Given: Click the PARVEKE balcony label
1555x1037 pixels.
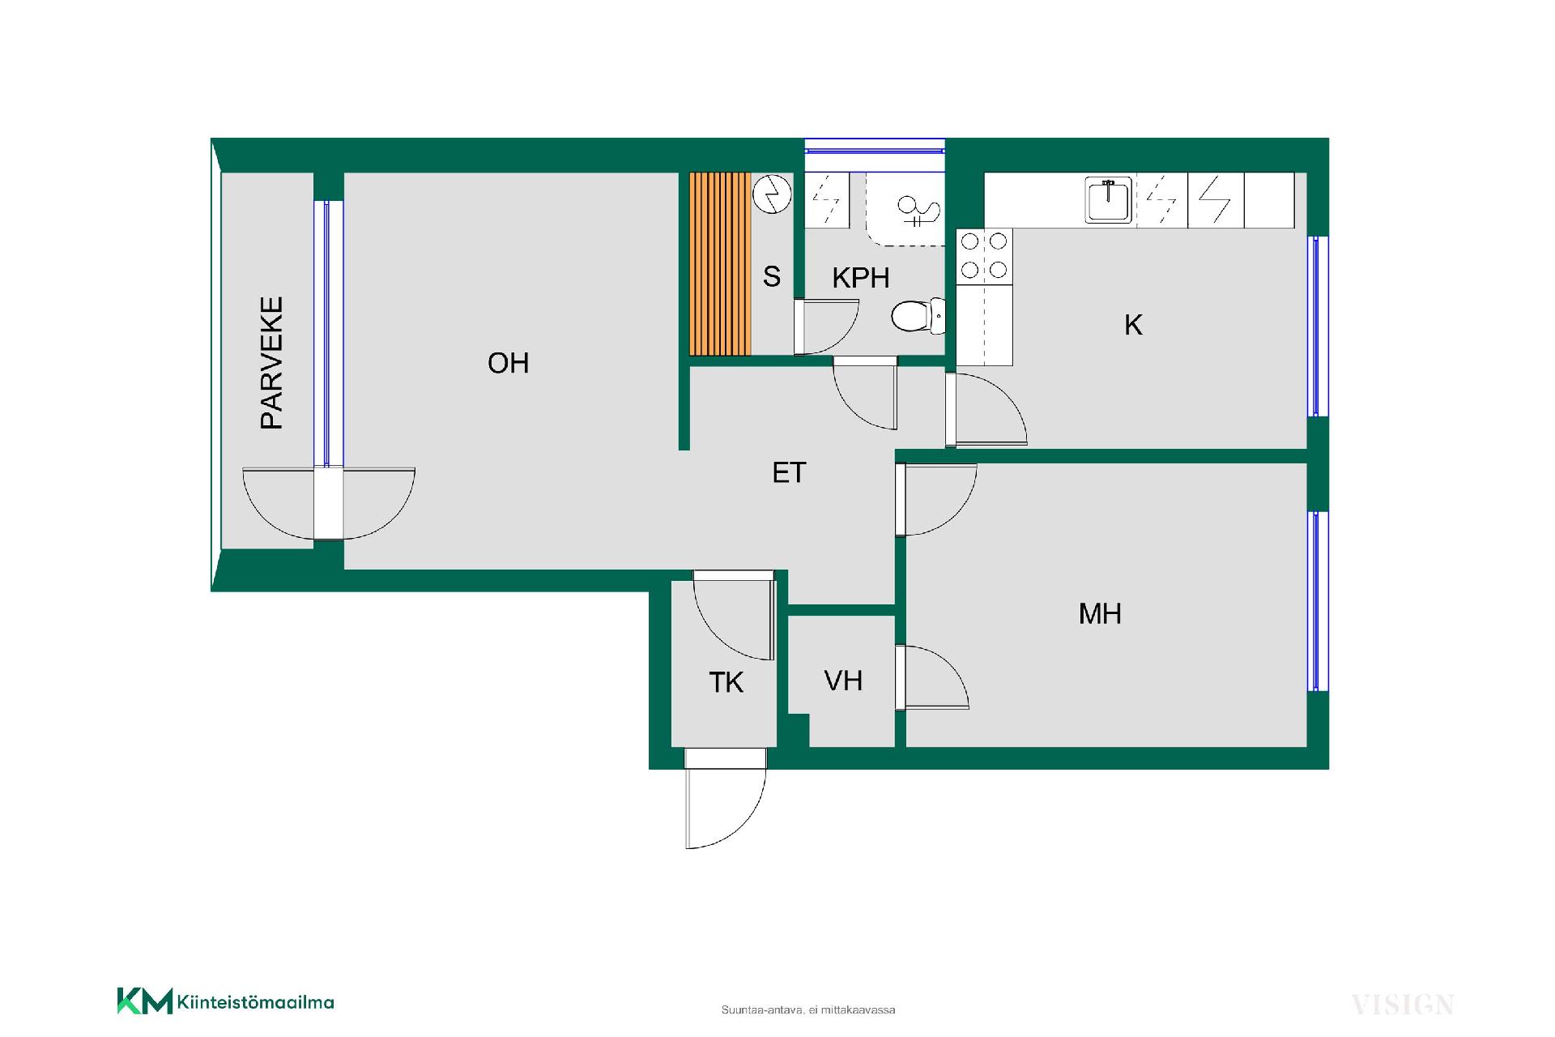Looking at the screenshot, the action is tap(271, 363).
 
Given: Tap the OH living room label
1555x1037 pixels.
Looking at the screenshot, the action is tap(509, 363).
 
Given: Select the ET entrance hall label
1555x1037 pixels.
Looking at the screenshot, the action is tap(789, 472).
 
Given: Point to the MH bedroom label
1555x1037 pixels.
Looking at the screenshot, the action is tap(1100, 613).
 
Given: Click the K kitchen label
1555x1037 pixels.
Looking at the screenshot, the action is tap(1133, 325).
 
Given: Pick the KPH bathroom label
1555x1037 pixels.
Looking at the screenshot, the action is tap(861, 278).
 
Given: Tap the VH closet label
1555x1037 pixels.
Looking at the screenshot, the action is tap(843, 681).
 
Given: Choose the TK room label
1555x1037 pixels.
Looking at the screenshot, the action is tap(726, 683).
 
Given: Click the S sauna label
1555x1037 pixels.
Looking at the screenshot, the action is tap(772, 276).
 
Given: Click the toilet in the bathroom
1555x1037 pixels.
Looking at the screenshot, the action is tap(918, 316).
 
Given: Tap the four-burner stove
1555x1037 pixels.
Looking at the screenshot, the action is tap(985, 256).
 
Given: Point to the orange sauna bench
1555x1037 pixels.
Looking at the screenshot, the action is tap(720, 263).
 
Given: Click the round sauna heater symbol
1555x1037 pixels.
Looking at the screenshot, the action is tap(772, 194).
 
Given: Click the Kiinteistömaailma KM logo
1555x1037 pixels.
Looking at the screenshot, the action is tap(225, 1001).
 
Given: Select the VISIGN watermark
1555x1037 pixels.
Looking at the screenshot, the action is tap(1403, 1005).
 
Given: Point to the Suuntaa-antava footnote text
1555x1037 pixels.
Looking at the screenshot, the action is tap(808, 1010).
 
